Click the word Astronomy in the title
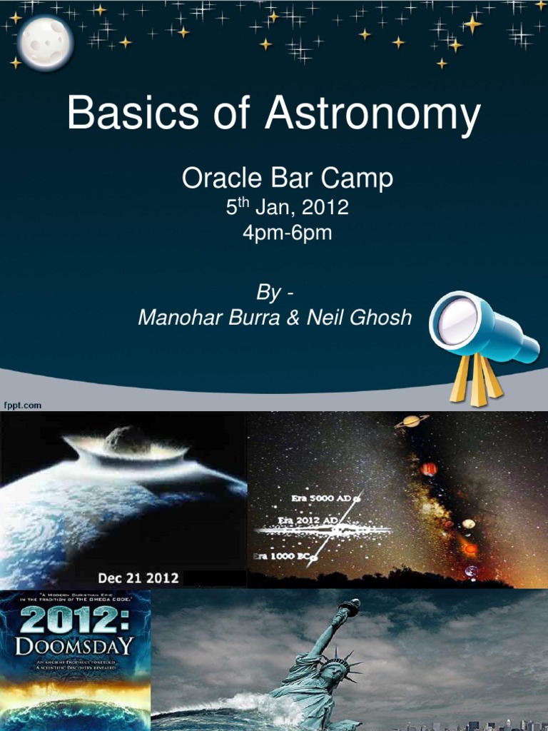[372, 116]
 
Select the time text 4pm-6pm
[287, 233]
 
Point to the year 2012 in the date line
[325, 208]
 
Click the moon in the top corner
[44, 43]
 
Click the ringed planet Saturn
[411, 421]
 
